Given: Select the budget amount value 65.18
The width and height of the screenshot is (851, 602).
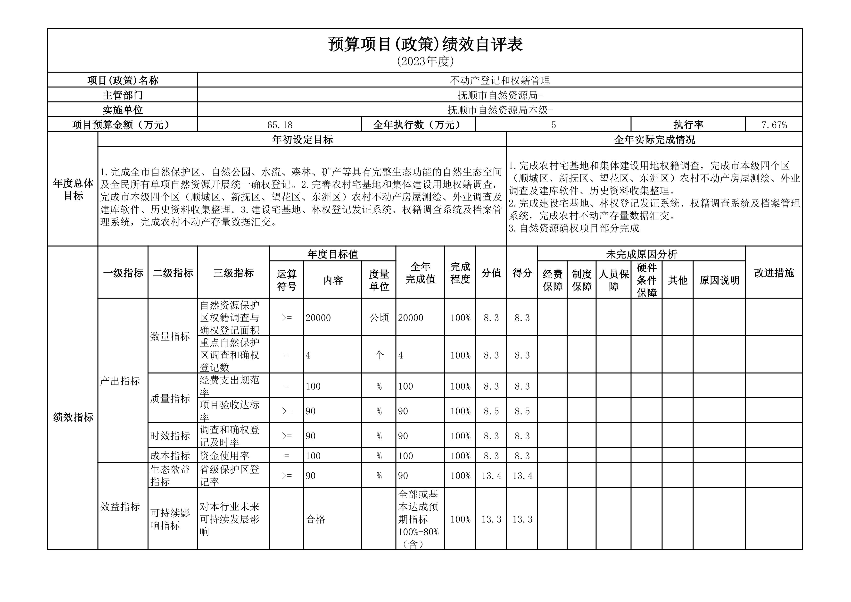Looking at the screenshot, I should pos(280,125).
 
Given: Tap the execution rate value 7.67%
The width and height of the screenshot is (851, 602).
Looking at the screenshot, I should pos(774,125).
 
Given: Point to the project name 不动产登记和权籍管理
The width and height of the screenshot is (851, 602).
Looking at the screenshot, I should pos(500,80).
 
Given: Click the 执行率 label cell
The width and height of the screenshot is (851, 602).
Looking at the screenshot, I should pos(688,125).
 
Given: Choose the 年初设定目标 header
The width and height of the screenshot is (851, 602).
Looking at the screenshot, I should pos(302,140).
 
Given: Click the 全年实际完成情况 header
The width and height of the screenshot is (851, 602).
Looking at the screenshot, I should pos(654,140).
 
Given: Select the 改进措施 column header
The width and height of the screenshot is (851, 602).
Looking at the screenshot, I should pos(774,273).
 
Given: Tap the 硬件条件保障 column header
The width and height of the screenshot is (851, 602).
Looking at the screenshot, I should pos(646,280).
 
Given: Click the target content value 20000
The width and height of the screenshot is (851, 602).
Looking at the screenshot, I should pos(318,318).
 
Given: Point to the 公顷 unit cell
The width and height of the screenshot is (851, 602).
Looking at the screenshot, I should pos(379,318).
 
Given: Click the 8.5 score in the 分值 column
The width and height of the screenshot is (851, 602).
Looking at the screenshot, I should pos(491,411).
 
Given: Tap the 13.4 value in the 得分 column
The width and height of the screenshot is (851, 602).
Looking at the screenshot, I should pos(522,476).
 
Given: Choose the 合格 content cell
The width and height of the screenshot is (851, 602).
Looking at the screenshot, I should pos(315,519).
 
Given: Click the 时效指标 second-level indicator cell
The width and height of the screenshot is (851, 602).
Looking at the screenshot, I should pos(170,435).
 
